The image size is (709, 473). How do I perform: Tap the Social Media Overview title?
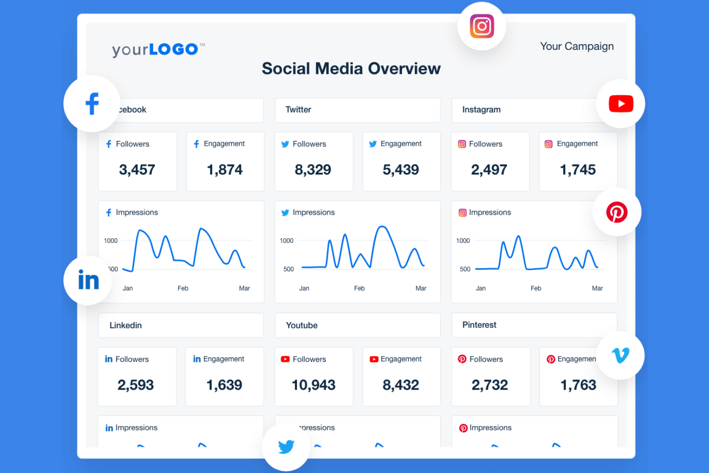[x=351, y=69]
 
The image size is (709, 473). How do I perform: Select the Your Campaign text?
[x=576, y=46]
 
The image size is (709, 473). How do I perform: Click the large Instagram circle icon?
[x=481, y=26]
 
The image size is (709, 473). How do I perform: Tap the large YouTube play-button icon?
[x=620, y=104]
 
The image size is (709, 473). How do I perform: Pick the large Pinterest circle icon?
[x=617, y=212]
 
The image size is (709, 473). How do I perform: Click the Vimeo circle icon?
[x=620, y=355]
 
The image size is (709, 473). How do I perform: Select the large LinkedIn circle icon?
[x=88, y=280]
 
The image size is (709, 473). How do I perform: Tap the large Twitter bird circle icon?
[x=286, y=447]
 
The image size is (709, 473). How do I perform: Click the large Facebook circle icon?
[x=91, y=104]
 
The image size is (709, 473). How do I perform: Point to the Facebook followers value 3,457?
[x=137, y=170]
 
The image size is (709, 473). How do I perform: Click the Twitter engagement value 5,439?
[x=400, y=170]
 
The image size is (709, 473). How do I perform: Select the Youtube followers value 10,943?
[x=313, y=385]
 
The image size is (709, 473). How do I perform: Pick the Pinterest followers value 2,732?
[x=489, y=385]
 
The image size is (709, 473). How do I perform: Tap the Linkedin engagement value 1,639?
[x=224, y=385]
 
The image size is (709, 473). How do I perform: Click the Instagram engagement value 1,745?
[x=578, y=170]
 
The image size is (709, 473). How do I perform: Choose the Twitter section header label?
[x=298, y=110]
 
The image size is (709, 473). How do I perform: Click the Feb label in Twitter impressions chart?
[x=359, y=288]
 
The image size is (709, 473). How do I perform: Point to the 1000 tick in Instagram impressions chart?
[x=463, y=241]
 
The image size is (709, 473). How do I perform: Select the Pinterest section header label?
[x=479, y=325]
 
